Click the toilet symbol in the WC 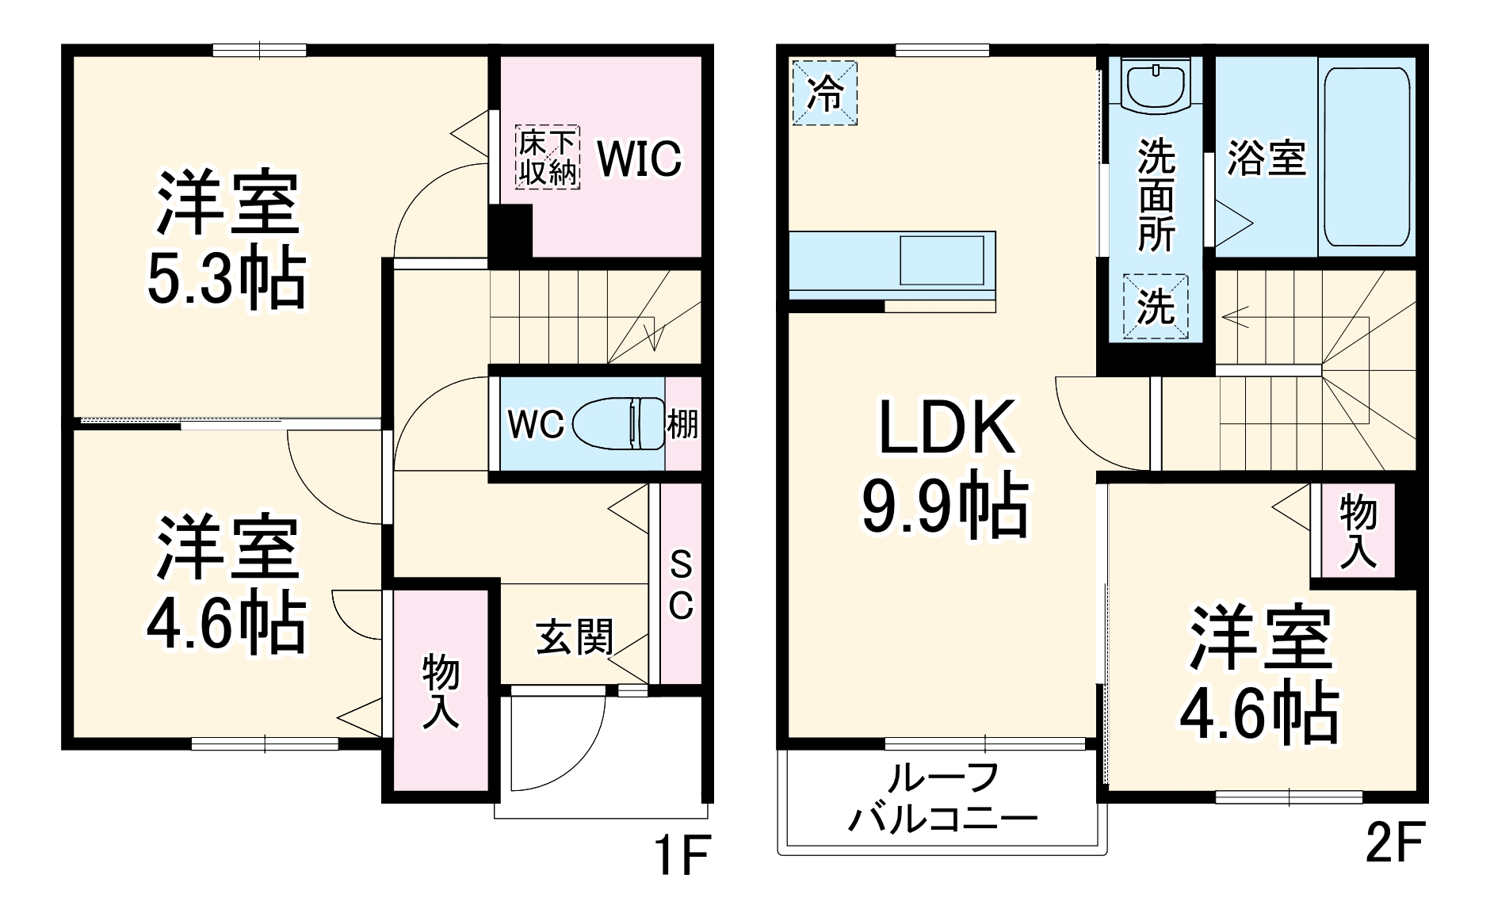pyautogui.click(x=617, y=423)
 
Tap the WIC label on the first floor pyautogui.click(x=639, y=159)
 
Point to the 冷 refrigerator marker pyautogui.click(x=824, y=93)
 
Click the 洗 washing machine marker pyautogui.click(x=1156, y=306)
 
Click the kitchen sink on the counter pyautogui.click(x=942, y=260)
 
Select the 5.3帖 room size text pyautogui.click(x=227, y=279)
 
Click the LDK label pyautogui.click(x=946, y=428)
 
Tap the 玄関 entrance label pyautogui.click(x=575, y=636)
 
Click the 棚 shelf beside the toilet pyautogui.click(x=682, y=424)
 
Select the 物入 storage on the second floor pyautogui.click(x=1358, y=530)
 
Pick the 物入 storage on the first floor pyautogui.click(x=441, y=690)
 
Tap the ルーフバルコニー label pyautogui.click(x=942, y=798)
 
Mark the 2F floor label pyautogui.click(x=1396, y=842)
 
